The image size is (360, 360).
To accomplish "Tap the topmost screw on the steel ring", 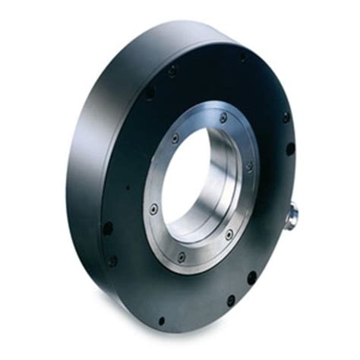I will (223, 118).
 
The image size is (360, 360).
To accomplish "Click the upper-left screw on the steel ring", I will (175, 139).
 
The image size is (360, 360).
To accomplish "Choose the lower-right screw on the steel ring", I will (229, 235).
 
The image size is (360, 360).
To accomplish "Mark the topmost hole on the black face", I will (243, 57).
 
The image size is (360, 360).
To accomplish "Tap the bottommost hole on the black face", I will (160, 320).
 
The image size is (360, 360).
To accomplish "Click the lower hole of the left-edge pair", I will (113, 260).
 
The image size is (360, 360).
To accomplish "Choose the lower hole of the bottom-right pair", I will (231, 300).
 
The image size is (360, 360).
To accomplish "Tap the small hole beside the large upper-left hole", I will (172, 69).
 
